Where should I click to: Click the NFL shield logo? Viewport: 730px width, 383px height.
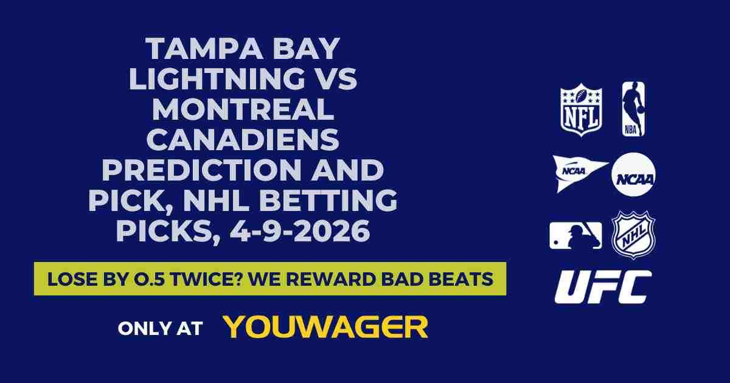click(581, 109)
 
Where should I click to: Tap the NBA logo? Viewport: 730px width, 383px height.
click(633, 109)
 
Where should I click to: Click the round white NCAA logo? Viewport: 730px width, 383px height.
click(633, 174)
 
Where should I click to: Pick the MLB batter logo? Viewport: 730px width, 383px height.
click(575, 235)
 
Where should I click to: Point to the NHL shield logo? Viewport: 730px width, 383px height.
click(633, 235)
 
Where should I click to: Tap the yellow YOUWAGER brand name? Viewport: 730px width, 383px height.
click(326, 327)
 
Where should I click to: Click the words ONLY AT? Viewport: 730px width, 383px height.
click(160, 328)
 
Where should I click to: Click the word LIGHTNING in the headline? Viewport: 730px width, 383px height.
click(207, 80)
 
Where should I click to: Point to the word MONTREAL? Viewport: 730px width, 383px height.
click(243, 111)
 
